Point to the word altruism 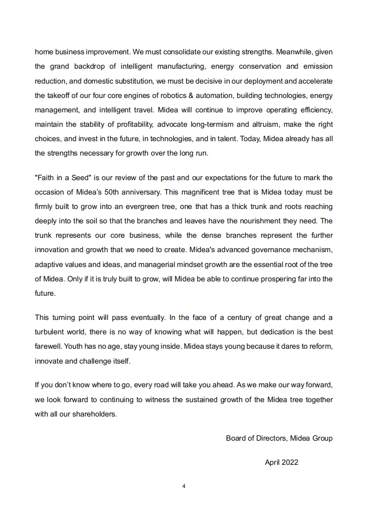click(x=263, y=124)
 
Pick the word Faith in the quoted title click(x=45, y=178)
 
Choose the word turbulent click(x=50, y=332)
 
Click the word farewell click(x=48, y=346)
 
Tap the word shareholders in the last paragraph click(x=94, y=414)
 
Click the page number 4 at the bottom click(x=184, y=486)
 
